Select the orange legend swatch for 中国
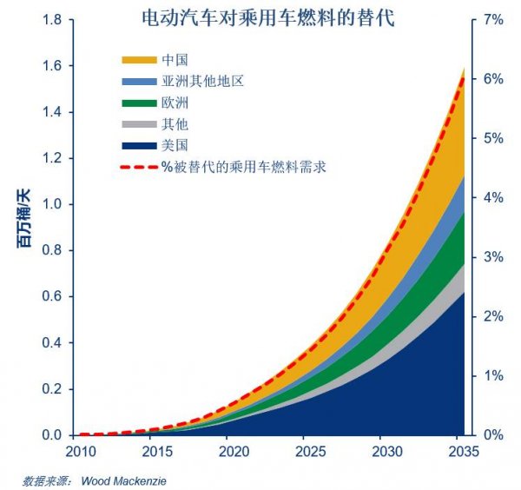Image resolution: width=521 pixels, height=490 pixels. (x=138, y=60)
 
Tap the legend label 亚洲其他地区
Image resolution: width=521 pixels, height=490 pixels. (x=202, y=81)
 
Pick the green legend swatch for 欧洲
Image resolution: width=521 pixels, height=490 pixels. (x=138, y=103)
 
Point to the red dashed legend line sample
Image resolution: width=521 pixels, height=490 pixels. (x=138, y=165)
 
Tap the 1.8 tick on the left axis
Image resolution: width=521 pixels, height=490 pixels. (x=51, y=19)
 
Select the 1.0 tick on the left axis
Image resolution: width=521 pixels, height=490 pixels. (x=51, y=204)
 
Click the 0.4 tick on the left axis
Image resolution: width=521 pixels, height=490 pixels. (x=51, y=342)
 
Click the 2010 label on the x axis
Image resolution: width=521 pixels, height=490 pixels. (x=79, y=452)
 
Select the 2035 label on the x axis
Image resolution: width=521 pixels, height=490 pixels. (x=464, y=452)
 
